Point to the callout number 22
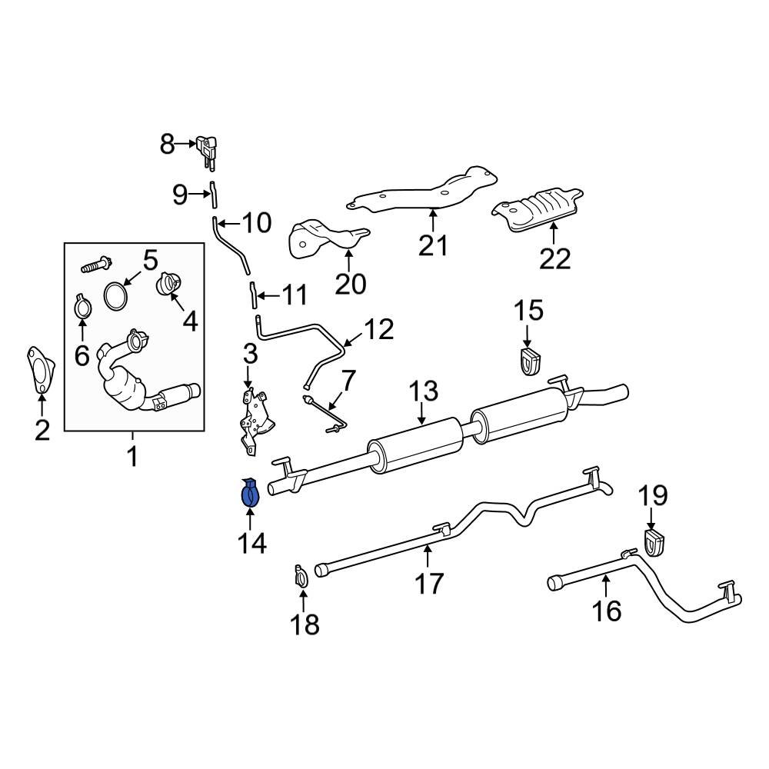tap(554, 258)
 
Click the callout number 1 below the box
tap(132, 457)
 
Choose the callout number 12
tap(378, 330)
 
